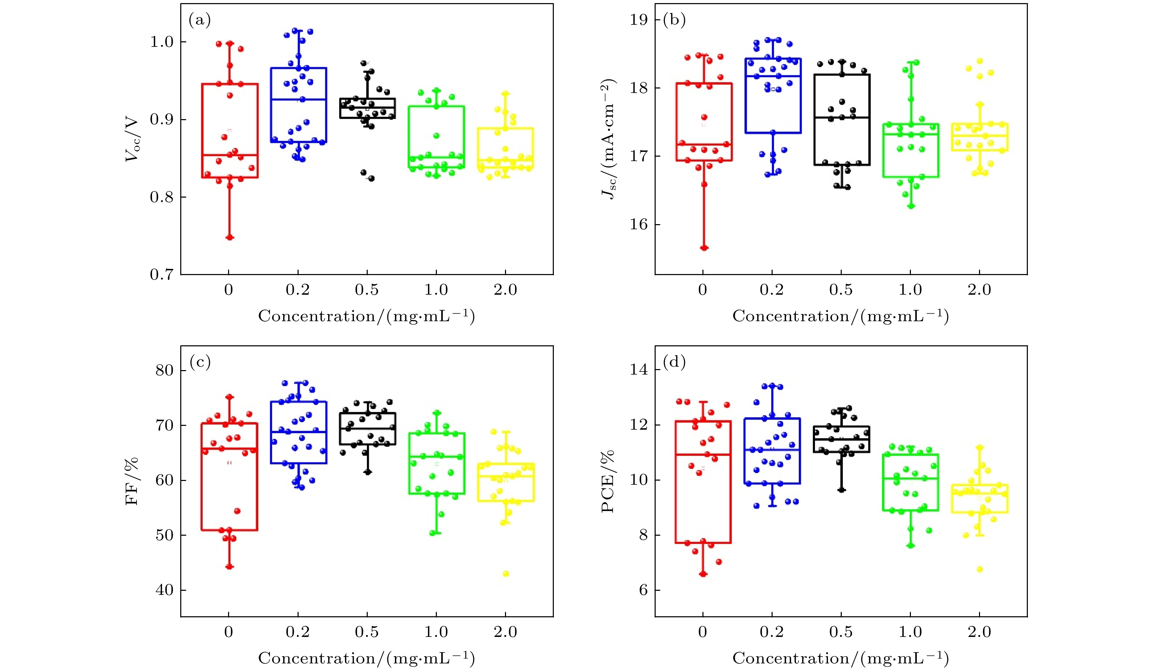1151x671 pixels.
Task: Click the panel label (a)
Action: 199,20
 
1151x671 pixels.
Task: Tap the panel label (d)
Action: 674,363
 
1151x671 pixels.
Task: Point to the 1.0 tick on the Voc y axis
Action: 162,42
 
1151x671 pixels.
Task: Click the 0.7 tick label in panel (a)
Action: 162,275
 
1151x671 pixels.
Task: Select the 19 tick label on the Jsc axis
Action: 639,20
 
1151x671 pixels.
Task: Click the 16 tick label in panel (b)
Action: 639,224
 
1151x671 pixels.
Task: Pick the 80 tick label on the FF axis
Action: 164,370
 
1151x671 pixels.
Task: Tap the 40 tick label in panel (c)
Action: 164,590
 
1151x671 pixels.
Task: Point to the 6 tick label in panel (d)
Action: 643,590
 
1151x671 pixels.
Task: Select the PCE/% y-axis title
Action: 607,481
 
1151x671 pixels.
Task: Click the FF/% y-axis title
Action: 131,481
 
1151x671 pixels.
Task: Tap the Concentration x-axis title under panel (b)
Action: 840,316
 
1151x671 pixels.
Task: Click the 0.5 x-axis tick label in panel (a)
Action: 367,290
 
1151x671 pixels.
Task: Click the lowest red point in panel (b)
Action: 704,248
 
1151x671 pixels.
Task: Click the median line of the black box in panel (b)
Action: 841,117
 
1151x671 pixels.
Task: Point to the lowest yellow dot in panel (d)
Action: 980,569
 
